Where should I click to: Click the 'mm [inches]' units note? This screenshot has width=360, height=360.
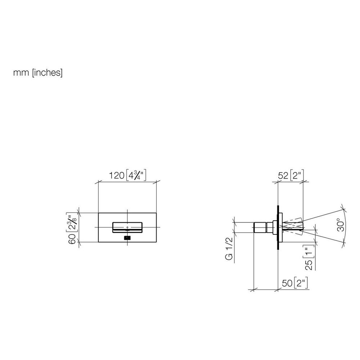pyautogui.click(x=38, y=73)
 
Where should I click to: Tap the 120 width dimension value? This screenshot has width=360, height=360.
pyautogui.click(x=117, y=176)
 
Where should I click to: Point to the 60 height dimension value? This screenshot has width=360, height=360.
pyautogui.click(x=72, y=239)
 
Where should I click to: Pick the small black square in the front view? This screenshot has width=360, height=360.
pyautogui.click(x=127, y=238)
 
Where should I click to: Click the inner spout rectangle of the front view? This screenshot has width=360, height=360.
pyautogui.click(x=127, y=227)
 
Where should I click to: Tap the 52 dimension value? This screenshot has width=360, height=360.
pyautogui.click(x=283, y=176)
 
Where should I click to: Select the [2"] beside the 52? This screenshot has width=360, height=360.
pyautogui.click(x=297, y=175)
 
